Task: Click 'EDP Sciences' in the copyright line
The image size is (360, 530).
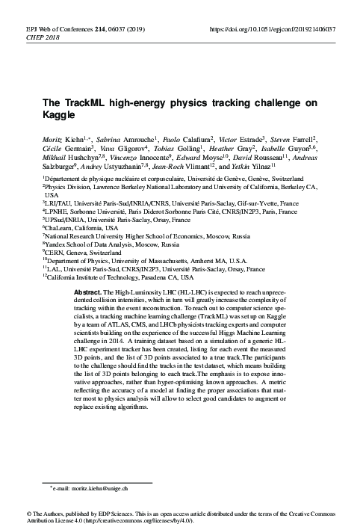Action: pyautogui.click(x=118, y=514)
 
